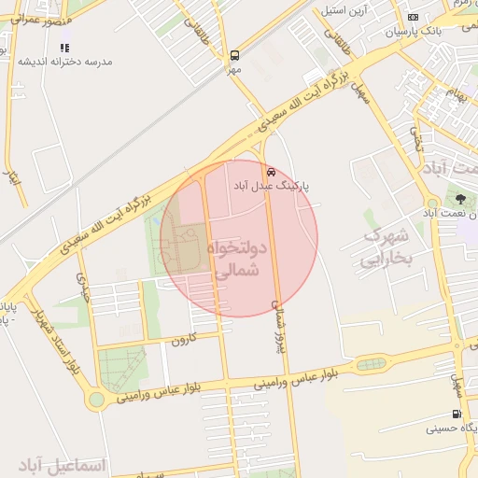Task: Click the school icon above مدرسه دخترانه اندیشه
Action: (64, 47)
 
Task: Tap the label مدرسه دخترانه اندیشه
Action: (64, 62)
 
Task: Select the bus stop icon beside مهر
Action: (233, 54)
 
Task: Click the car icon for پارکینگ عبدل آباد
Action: (271, 172)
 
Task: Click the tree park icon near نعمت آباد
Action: (459, 199)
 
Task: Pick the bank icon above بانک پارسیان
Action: (414, 18)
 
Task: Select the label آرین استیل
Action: (346, 11)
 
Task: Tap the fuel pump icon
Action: (456, 415)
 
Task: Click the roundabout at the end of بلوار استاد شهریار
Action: (95, 401)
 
